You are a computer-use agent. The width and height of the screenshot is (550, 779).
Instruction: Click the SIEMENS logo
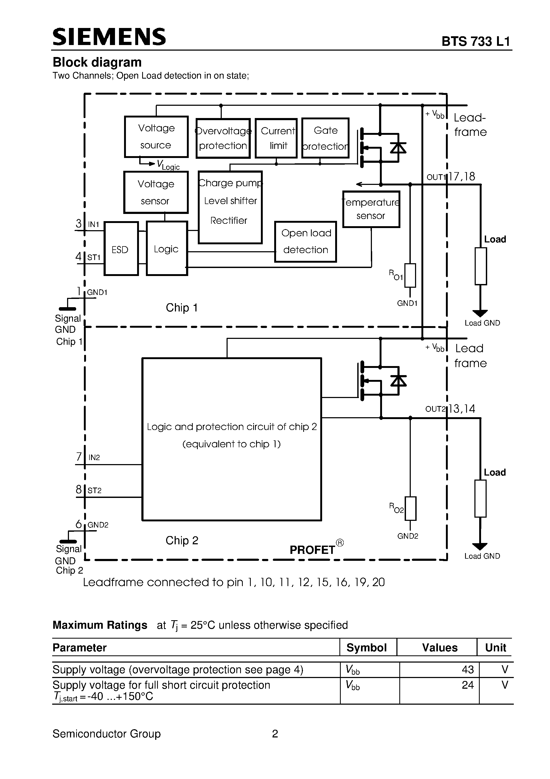[x=109, y=37]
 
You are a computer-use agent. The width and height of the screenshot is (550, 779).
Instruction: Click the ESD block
[x=121, y=249]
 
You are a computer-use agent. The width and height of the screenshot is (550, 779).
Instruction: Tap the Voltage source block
[x=156, y=137]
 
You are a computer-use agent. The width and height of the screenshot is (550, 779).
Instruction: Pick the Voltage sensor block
[x=156, y=192]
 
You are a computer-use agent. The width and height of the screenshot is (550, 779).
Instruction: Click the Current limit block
[x=276, y=138]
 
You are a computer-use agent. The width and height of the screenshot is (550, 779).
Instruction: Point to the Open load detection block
[x=306, y=242]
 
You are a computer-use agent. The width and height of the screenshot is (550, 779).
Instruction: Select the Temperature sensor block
[x=371, y=209]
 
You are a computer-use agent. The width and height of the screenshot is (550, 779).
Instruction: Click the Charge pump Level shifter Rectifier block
[x=230, y=207]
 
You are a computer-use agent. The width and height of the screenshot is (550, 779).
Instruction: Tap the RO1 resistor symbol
[x=410, y=275]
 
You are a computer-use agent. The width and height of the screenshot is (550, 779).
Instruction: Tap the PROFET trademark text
[x=312, y=550]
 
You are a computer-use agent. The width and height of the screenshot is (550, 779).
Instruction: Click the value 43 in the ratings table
[x=468, y=670]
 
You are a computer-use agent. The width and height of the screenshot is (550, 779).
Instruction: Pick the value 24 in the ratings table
[x=468, y=685]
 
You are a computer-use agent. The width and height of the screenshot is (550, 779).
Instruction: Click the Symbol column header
[x=367, y=648]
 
